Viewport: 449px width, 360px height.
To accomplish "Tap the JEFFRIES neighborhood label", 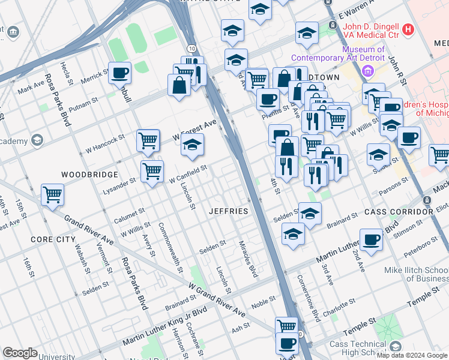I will click(x=228, y=211).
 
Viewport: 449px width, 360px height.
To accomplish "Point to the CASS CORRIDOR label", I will click(x=397, y=212).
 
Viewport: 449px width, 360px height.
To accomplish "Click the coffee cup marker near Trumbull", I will click(x=119, y=73).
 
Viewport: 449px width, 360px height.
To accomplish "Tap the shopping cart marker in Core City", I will click(x=53, y=194).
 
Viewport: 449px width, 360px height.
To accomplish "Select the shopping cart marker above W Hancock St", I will click(x=148, y=140).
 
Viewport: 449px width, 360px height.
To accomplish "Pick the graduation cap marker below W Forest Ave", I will click(x=193, y=145).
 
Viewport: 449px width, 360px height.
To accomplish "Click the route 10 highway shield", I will click(x=190, y=48).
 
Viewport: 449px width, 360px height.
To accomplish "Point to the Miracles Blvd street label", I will click(x=249, y=259).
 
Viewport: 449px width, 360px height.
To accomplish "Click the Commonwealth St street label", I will click(x=170, y=248).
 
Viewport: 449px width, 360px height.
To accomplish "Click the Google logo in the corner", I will click(x=20, y=353).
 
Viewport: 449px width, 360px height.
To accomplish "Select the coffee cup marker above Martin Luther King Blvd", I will click(x=371, y=239).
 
